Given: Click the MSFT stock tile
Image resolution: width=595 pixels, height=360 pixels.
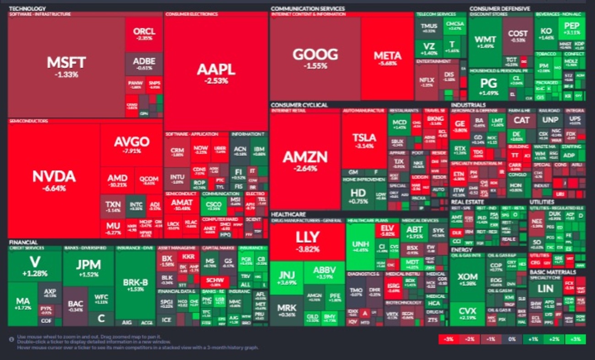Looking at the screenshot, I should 66,65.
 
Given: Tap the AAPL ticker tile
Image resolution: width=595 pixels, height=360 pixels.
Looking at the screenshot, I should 216,72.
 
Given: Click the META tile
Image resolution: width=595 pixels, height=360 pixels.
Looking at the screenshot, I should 387,58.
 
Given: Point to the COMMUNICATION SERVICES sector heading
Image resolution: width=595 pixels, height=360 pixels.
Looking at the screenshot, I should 308,9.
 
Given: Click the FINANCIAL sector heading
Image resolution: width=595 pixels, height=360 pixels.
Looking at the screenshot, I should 23,242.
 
